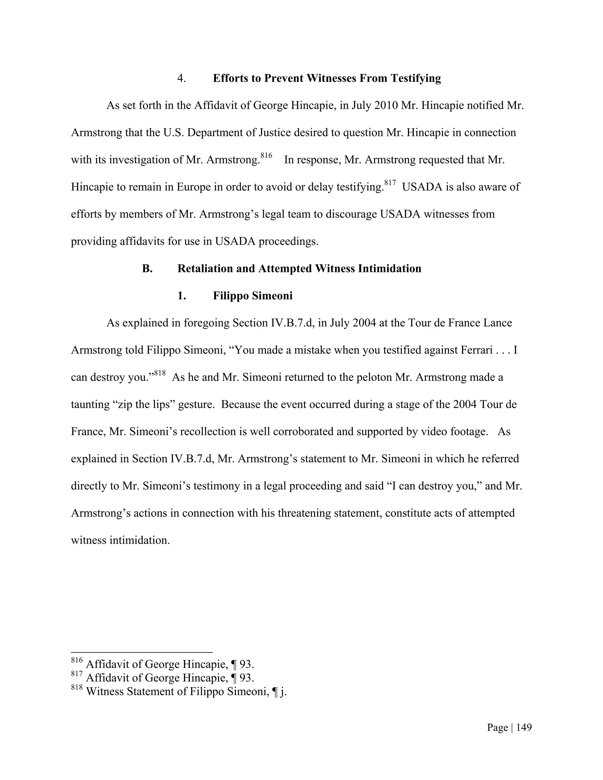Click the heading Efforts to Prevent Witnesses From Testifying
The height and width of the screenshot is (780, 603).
327,78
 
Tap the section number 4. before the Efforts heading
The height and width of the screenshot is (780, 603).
181,78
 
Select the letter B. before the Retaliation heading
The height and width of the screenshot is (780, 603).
147,268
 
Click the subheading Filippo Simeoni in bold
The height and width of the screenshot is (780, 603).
253,296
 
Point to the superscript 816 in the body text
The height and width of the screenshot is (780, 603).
266,155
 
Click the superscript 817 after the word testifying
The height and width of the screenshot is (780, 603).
390,183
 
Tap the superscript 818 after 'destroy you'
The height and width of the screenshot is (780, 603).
160,373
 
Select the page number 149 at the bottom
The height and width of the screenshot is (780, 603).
524,728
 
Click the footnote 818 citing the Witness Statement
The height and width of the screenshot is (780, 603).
179,691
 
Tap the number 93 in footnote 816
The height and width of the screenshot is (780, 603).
246,664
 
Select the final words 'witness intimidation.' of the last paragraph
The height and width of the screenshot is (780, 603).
120,540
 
